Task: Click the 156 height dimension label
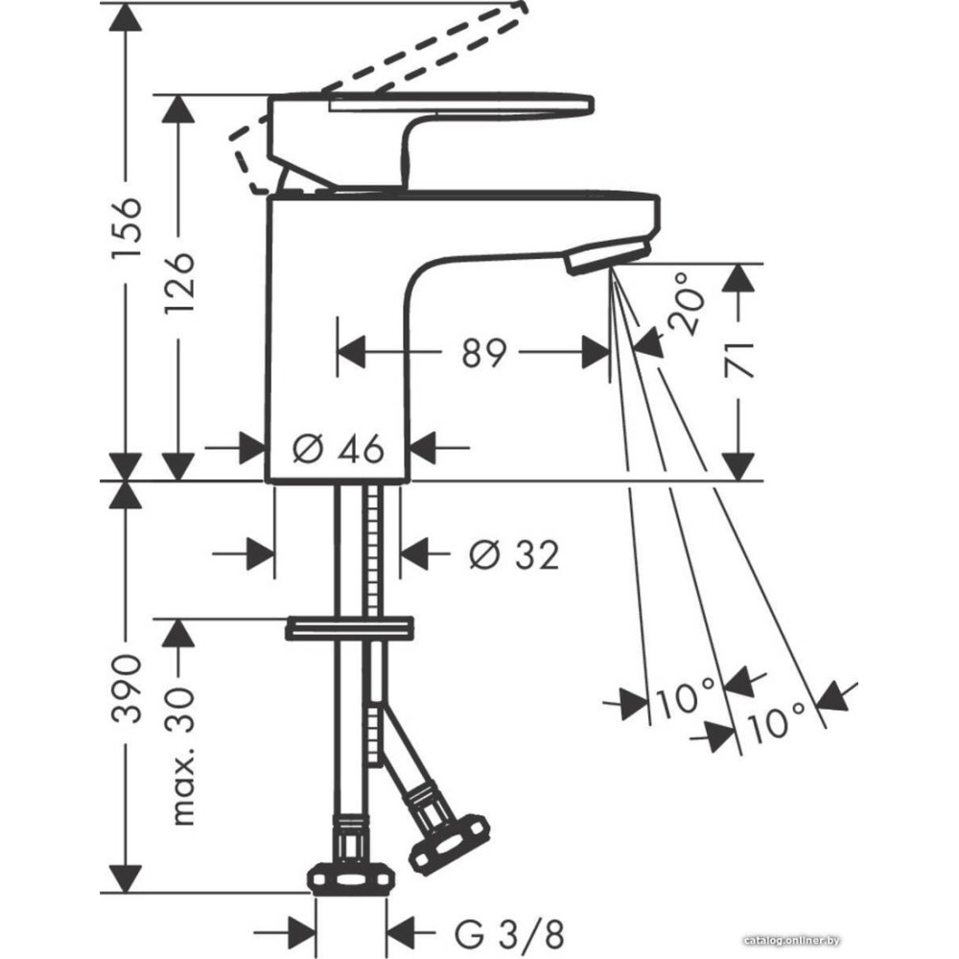point(127,227)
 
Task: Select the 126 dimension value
point(179,281)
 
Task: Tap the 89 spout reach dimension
point(483,352)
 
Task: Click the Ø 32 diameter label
point(514,554)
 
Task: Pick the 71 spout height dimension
point(738,360)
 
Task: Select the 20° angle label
point(686,303)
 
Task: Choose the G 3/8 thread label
point(509,934)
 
